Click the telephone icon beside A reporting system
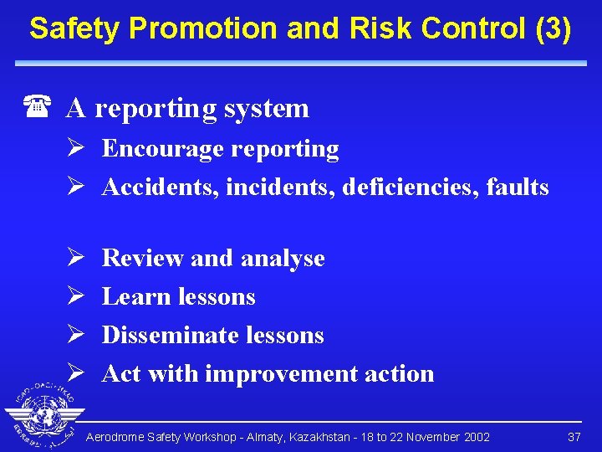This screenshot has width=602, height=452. point(36,108)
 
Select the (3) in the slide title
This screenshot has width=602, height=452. point(551,28)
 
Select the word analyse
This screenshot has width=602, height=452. point(285,259)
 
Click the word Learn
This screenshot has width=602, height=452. point(134,297)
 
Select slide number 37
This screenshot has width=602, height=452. point(574,437)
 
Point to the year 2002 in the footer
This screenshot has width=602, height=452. point(475,437)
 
